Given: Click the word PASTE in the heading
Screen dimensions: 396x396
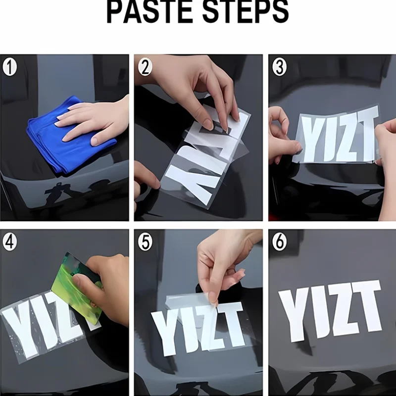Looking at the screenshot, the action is coord(149,11).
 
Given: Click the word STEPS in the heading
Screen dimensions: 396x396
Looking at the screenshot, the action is coord(246,11).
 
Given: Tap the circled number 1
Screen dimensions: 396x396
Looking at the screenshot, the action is coord(9,67).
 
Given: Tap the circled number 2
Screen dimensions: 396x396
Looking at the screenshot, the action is coord(145,67).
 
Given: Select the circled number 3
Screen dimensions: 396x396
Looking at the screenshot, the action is coord(279,67).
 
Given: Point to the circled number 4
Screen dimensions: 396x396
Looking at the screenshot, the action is coord(9,242).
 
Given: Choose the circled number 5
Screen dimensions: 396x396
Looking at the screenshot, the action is coord(145,242).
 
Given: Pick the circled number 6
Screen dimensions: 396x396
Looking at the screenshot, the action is coord(279,242).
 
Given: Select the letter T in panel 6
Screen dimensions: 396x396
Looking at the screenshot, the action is coord(367,306).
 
